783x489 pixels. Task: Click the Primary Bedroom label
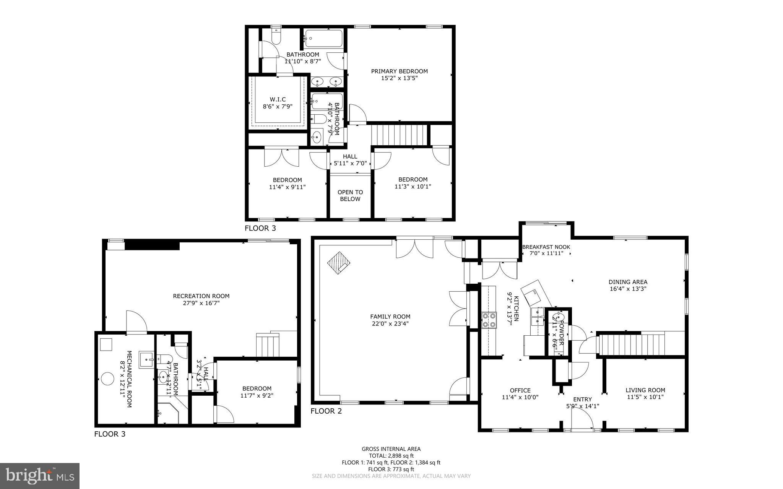click(x=399, y=71)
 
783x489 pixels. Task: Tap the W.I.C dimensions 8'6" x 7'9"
click(x=278, y=107)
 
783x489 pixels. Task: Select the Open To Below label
click(x=350, y=195)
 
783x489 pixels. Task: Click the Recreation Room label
click(x=201, y=296)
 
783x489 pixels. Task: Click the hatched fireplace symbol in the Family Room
click(x=339, y=262)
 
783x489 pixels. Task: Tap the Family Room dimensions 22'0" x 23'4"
click(x=390, y=323)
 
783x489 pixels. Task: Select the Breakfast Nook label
click(x=546, y=247)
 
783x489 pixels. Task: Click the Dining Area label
click(x=628, y=282)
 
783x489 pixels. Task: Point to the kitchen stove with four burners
click(x=489, y=320)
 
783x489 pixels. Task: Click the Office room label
click(x=520, y=390)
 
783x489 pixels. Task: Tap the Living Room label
click(x=645, y=390)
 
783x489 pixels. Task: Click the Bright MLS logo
click(x=40, y=476)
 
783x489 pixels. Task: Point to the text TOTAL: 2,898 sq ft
click(x=391, y=456)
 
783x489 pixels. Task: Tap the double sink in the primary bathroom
click(x=327, y=81)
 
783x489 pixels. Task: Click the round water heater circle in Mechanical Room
click(x=108, y=380)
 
